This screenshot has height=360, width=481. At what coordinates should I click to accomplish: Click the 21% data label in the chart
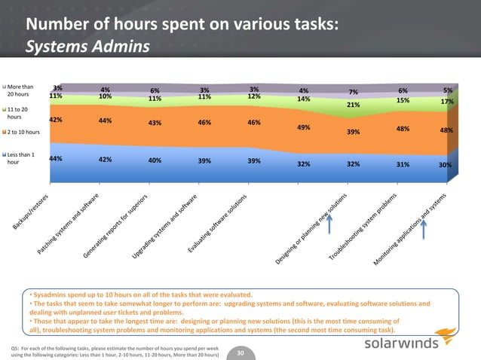point(352,105)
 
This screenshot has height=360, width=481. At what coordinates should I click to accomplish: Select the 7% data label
point(353,93)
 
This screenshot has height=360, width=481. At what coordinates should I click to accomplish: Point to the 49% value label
point(304,127)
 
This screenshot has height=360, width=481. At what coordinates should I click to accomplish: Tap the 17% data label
point(447,102)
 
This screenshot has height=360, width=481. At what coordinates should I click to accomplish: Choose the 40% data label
point(155,160)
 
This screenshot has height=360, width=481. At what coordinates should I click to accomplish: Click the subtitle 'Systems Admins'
point(87,47)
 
